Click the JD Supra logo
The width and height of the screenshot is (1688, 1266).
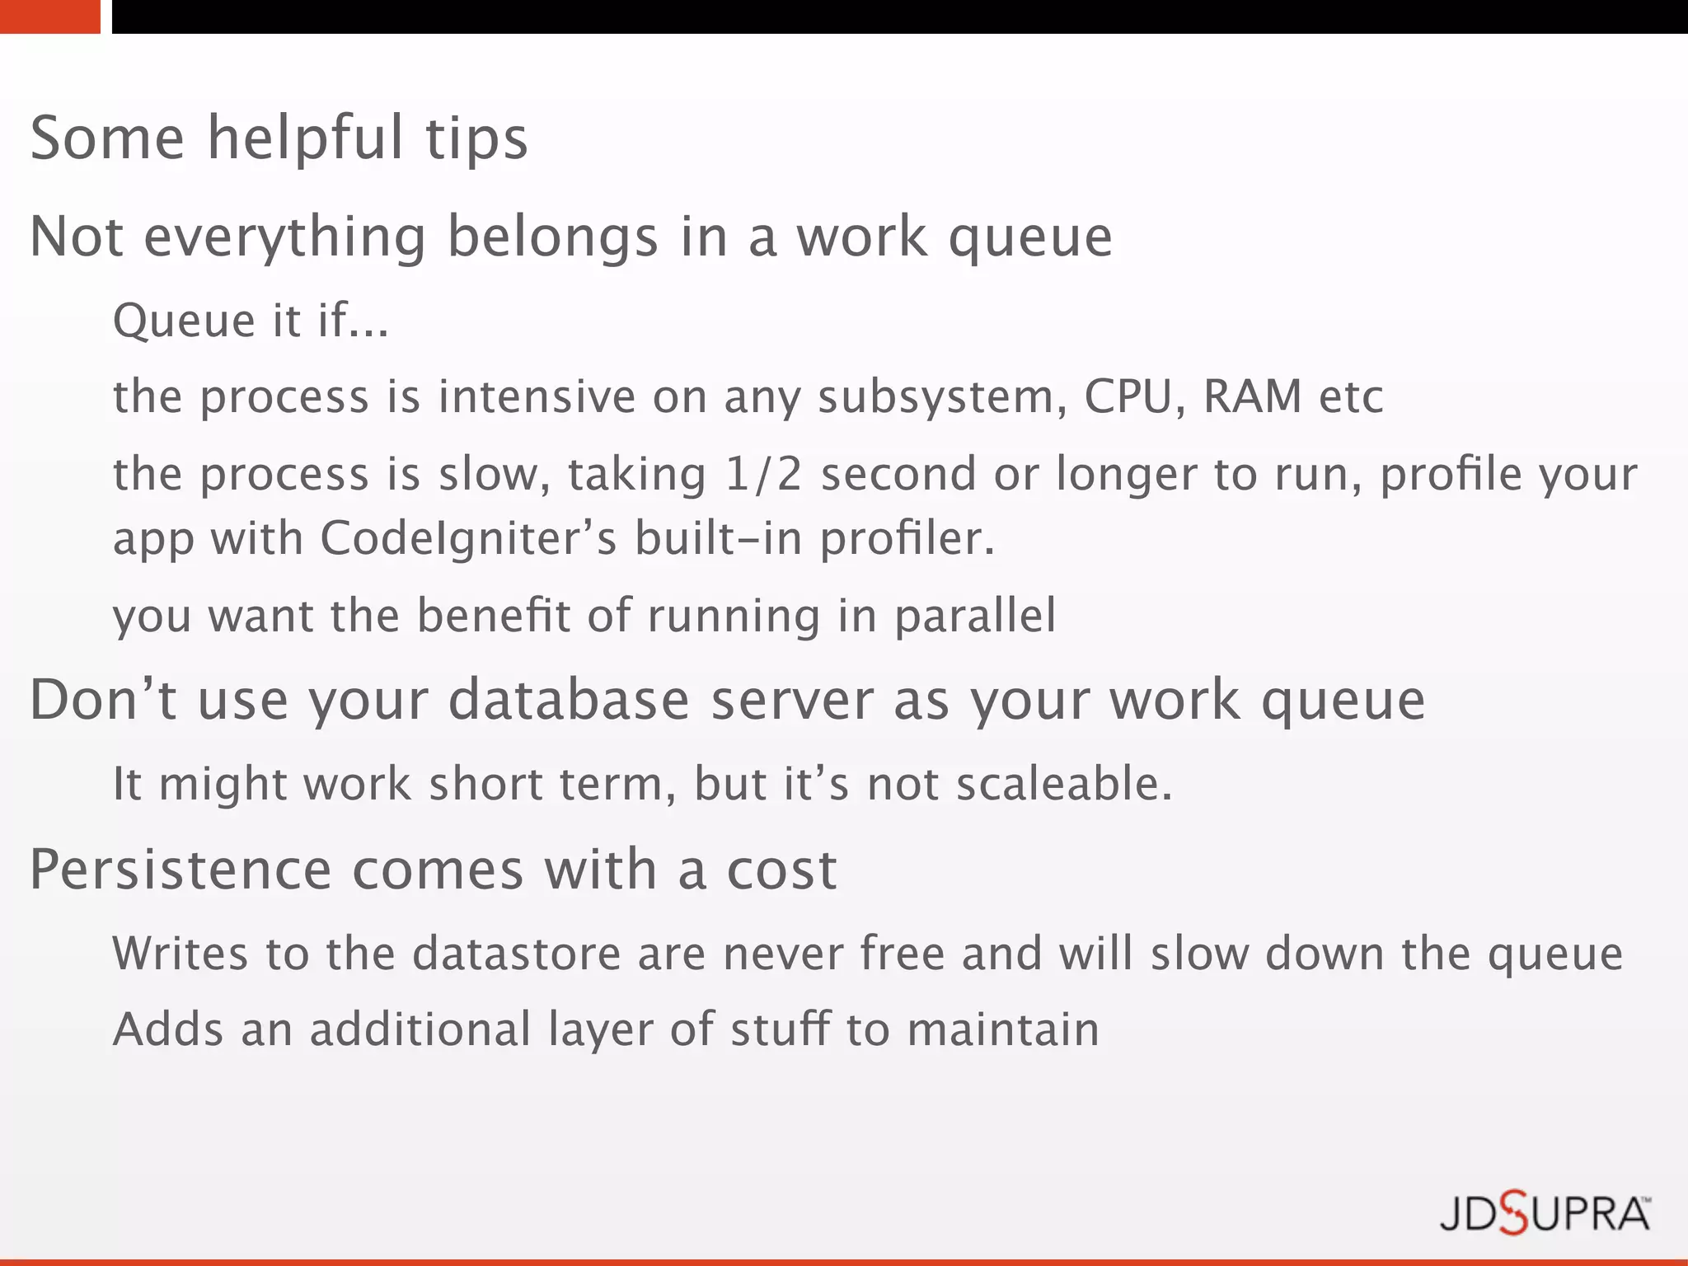pos(1544,1215)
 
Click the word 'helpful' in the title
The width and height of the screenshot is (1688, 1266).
pos(305,138)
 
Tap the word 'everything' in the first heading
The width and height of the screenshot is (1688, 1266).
pos(285,237)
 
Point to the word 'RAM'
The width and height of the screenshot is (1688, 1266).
pos(1252,396)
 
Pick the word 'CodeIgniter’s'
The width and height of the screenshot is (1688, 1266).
pos(468,539)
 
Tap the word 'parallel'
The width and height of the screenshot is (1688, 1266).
pos(974,617)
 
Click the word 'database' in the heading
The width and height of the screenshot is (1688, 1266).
pos(569,701)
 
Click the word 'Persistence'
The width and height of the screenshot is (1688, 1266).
pos(181,870)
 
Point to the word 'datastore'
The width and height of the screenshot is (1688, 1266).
pos(516,954)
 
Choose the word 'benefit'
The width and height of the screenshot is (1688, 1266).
pos(493,617)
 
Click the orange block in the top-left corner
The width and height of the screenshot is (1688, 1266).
pos(49,16)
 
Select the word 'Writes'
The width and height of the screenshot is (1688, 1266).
pos(180,954)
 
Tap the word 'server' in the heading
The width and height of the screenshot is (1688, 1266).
pos(791,701)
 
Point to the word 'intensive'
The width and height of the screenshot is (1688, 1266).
pos(537,396)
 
